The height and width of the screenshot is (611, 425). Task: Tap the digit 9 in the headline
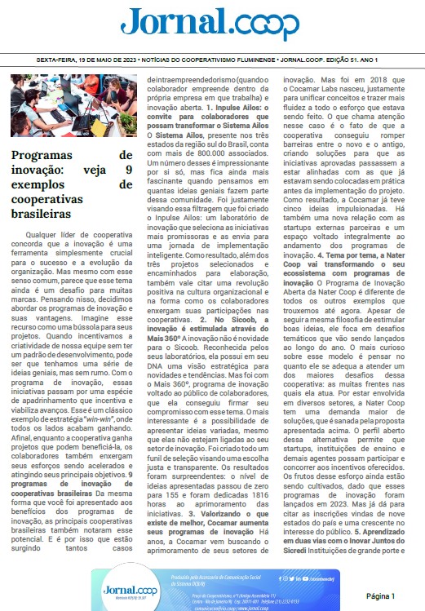[x=128, y=170]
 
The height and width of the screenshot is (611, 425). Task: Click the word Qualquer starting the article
[x=42, y=233]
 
